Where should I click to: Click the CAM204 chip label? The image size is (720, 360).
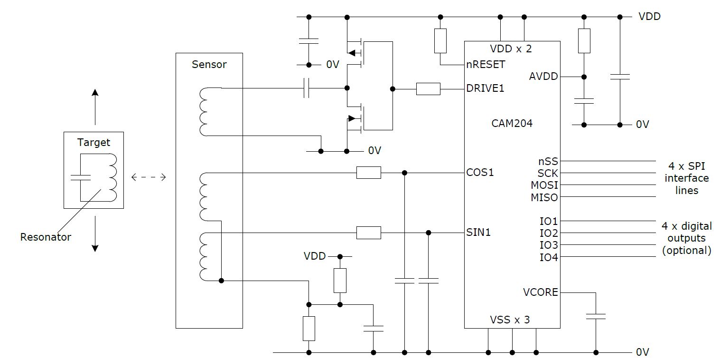[x=512, y=124]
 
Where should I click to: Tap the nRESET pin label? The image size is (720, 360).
[x=486, y=64]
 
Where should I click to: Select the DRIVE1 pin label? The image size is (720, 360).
[x=485, y=88]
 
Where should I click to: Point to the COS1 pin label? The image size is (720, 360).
[x=480, y=172]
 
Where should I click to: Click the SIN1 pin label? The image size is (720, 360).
[x=479, y=233]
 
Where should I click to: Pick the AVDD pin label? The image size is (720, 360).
[x=543, y=77]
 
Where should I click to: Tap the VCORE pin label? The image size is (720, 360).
[x=540, y=292]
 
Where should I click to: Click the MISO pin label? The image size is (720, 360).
[x=544, y=197]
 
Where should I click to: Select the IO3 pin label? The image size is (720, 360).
[x=549, y=245]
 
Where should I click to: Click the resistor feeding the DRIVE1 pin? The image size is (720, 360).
[x=428, y=89]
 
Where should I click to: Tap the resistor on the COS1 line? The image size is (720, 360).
[x=368, y=173]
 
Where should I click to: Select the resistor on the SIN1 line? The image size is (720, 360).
[x=368, y=233]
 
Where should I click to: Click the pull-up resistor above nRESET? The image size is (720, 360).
[x=440, y=41]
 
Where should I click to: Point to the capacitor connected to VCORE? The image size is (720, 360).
[x=596, y=316]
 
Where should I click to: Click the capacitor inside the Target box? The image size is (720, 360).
[x=80, y=178]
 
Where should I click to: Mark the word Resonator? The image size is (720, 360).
[x=46, y=237]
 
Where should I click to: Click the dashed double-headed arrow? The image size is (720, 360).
[x=149, y=178]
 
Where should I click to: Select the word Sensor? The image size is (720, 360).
[x=209, y=64]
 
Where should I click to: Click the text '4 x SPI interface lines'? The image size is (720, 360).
[x=686, y=178]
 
